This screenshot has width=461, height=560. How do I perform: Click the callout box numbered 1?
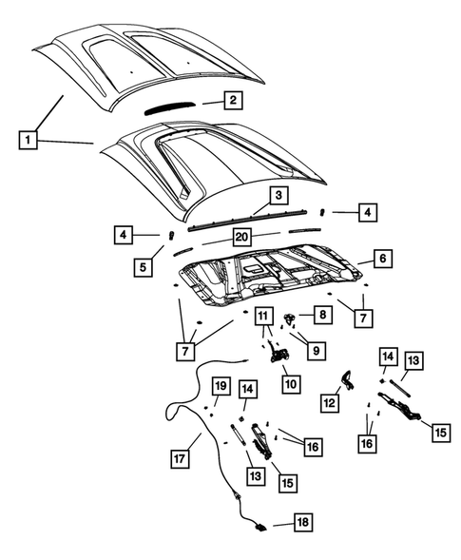pyautogui.click(x=29, y=142)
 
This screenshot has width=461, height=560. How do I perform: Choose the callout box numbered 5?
pyautogui.click(x=143, y=267)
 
